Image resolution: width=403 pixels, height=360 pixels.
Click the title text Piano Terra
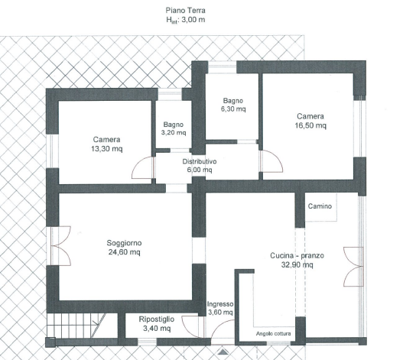[x=185, y=11]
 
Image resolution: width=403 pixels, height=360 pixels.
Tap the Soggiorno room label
[x=124, y=243]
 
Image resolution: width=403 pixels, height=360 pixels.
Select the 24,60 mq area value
[x=124, y=252]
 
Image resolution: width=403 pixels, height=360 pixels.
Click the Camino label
[x=320, y=206]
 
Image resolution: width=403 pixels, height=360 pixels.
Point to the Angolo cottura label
[x=273, y=333]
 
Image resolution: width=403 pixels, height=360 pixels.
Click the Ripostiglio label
[x=157, y=319]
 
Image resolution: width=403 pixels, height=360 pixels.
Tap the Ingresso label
[x=220, y=304]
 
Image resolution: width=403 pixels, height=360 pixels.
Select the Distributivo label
[x=200, y=161]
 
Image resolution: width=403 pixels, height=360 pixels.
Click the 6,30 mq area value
[x=233, y=109]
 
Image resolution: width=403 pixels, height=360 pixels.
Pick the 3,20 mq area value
[x=174, y=132]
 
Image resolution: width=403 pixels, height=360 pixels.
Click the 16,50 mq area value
[x=310, y=125]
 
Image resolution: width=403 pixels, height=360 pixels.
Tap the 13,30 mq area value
[x=106, y=149]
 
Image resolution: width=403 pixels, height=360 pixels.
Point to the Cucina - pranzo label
[x=297, y=256]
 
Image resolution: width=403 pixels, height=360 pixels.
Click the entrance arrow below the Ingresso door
[x=223, y=352]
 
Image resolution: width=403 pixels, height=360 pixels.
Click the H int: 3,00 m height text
[x=185, y=20]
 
